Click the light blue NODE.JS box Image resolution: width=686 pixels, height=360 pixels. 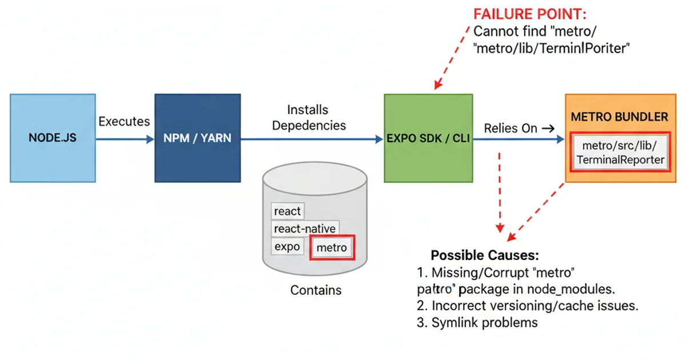(x=52, y=138)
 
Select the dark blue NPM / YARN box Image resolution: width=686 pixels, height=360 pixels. (x=197, y=138)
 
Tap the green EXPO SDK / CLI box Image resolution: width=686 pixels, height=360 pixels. (x=428, y=138)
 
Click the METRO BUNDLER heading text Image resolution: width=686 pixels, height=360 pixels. (x=619, y=117)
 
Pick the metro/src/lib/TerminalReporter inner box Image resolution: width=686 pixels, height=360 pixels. (x=620, y=153)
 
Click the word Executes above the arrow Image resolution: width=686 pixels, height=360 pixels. (x=124, y=122)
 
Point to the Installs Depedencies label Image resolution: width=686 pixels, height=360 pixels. (x=309, y=117)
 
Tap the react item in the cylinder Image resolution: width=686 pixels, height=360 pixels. (x=288, y=211)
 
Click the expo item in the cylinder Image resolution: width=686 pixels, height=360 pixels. (x=287, y=247)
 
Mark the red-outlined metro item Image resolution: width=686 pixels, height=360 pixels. (x=332, y=247)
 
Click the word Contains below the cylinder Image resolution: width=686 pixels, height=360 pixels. (x=316, y=290)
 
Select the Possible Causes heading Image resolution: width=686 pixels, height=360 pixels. (x=485, y=255)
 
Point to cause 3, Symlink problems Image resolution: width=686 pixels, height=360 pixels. (x=477, y=322)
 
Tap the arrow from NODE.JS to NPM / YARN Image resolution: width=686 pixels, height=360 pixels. (x=124, y=139)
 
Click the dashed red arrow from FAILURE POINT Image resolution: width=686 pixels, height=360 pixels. (x=455, y=57)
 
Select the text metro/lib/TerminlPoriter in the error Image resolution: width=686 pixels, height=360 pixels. (x=552, y=48)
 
